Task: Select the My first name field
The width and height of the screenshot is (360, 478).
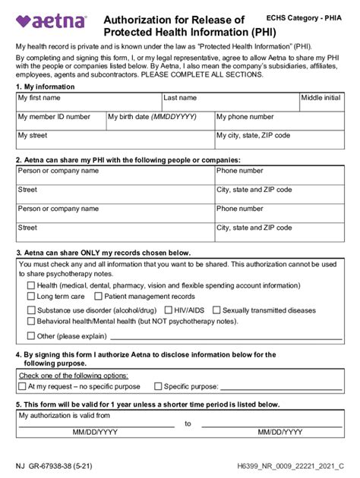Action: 89,102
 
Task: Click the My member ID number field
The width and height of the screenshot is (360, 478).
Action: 61,121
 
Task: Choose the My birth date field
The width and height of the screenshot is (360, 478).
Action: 159,121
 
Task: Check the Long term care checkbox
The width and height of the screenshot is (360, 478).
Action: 31,297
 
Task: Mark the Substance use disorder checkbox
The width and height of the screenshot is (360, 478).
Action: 31,310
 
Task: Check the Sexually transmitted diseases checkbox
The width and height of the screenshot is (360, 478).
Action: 216,310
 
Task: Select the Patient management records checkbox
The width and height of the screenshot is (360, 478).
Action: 99,297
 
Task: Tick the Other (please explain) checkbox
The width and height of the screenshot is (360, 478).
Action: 31,335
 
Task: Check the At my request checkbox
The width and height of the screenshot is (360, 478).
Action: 22,386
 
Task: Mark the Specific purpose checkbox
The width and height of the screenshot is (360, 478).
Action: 158,386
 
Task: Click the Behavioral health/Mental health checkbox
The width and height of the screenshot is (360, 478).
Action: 31,322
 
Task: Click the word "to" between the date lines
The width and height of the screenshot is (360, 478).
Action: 188,423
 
